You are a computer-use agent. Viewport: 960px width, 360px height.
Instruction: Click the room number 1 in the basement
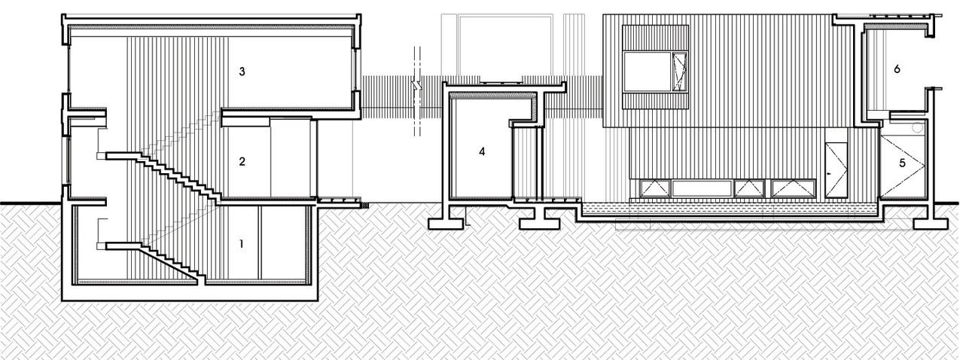tap(241, 244)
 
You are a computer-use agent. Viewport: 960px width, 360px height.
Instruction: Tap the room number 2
tap(242, 161)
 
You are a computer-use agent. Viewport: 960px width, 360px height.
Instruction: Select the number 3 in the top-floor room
tap(242, 72)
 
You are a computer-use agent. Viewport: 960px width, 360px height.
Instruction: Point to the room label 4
tap(482, 151)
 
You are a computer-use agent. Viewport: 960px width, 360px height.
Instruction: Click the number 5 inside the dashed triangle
tap(902, 161)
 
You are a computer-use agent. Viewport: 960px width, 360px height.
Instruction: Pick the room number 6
tap(897, 69)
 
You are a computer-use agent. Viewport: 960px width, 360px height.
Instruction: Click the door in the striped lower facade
tap(835, 170)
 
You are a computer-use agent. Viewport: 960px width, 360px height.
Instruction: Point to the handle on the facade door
tap(829, 174)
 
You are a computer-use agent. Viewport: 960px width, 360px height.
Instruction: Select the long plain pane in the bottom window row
tap(703, 188)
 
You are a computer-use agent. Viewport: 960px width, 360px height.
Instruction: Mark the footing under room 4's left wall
tap(448, 222)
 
